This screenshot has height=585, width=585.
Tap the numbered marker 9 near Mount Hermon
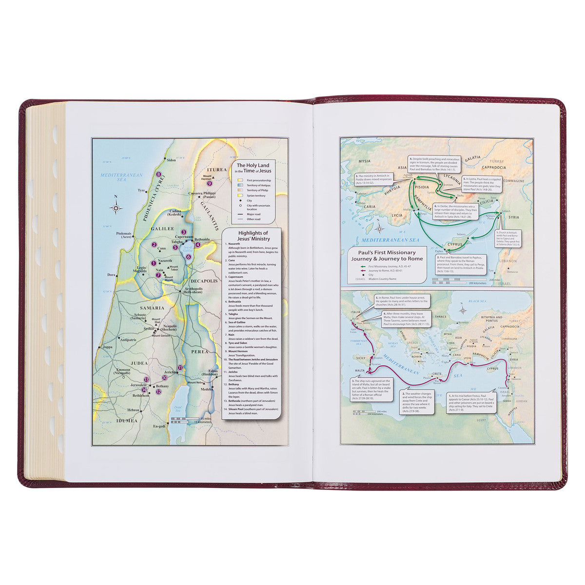(x=209, y=183)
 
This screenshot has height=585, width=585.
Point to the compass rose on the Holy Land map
(x=116, y=208)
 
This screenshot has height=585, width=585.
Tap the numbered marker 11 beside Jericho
(x=180, y=368)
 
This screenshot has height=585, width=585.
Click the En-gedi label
(x=159, y=426)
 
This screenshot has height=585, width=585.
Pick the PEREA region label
(x=200, y=351)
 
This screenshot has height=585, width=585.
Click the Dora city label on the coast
(x=112, y=275)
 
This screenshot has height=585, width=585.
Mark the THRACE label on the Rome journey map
(x=440, y=317)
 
